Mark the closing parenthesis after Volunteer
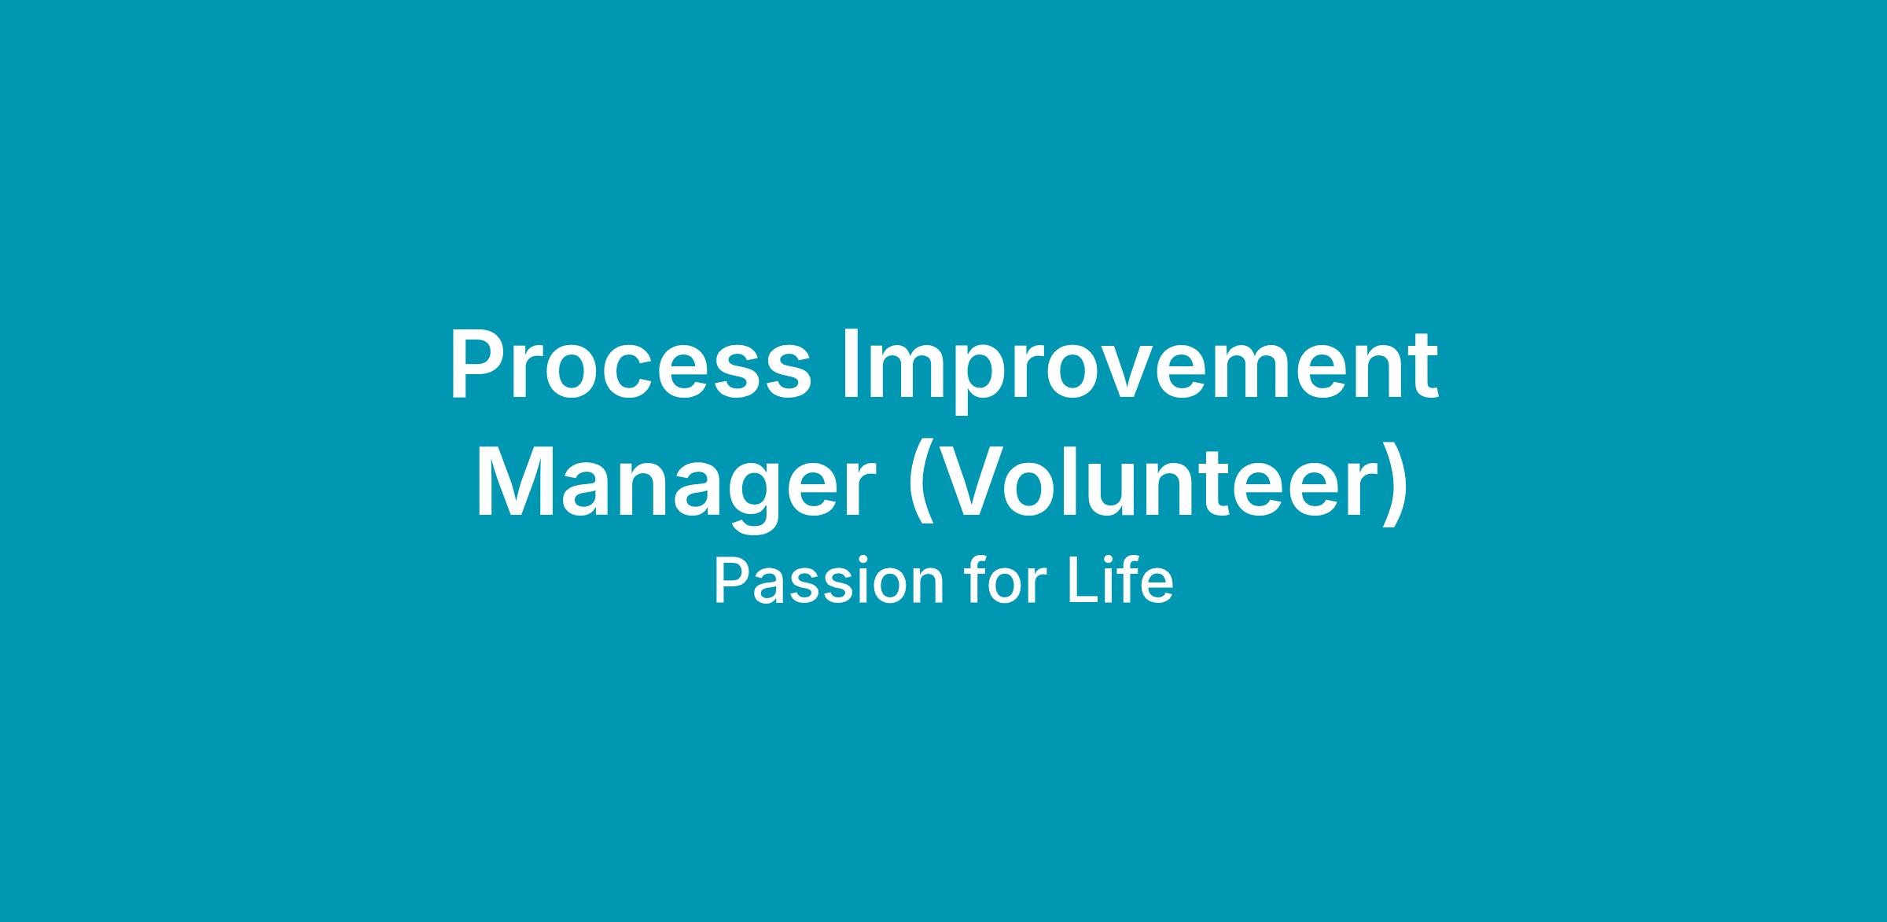(1396, 488)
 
